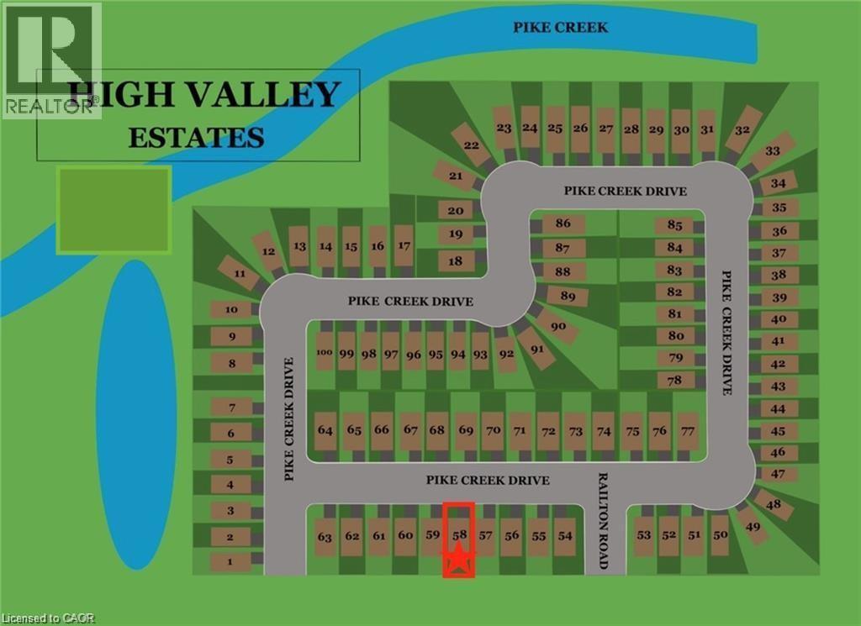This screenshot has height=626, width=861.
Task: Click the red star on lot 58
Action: point(458,559)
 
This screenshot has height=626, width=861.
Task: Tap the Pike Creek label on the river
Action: point(561,28)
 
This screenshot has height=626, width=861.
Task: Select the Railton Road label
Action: point(602,520)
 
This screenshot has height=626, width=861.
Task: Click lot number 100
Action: point(325,354)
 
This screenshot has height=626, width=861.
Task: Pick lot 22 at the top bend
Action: point(472,146)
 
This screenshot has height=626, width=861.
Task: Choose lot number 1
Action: point(230,562)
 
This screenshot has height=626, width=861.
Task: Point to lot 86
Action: point(563,224)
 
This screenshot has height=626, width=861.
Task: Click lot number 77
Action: point(688,431)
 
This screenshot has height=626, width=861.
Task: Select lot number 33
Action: point(772,151)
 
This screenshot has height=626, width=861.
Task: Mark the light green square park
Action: point(114,209)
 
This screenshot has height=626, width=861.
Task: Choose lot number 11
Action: point(240,274)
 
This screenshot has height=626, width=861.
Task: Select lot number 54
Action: point(565,535)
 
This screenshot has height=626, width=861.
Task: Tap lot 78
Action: point(674,380)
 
